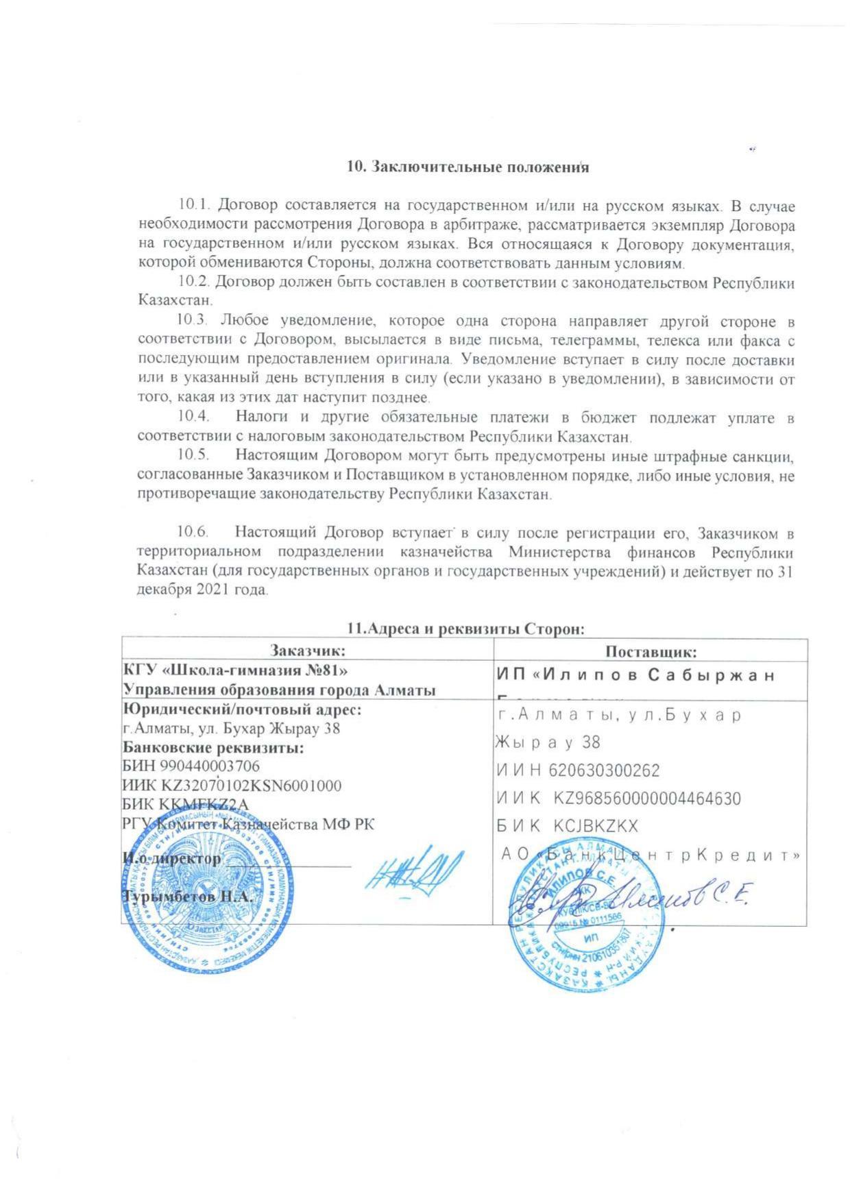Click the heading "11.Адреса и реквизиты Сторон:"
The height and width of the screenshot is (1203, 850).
point(466,629)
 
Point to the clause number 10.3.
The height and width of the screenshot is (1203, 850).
point(192,321)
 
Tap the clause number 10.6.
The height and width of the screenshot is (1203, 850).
point(192,532)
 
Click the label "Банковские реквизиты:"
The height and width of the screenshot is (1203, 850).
point(213,747)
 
